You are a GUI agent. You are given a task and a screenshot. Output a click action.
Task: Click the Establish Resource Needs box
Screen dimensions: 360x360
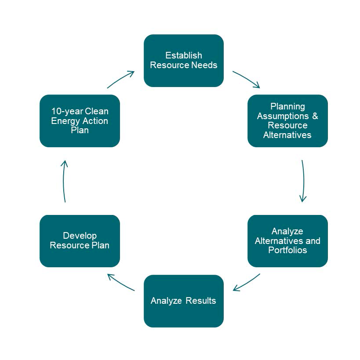[x=183, y=61]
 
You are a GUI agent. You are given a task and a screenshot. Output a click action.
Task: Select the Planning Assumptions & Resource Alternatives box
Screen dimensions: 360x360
[x=287, y=121]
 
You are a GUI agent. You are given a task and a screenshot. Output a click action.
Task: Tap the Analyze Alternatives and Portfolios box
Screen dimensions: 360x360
[x=287, y=241]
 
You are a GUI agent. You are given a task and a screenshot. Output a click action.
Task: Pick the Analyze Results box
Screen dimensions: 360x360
[x=183, y=301]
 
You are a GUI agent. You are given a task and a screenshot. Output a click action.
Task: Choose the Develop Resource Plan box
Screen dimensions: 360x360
[x=80, y=241]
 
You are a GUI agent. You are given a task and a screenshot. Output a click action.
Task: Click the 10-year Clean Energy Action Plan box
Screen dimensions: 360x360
[x=80, y=121]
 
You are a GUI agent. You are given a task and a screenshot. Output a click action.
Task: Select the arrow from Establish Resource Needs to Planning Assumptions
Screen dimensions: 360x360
[x=246, y=79]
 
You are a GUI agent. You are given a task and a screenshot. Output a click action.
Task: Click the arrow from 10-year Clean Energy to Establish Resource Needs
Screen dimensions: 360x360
[x=120, y=79]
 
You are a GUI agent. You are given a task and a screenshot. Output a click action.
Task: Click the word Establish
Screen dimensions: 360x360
[x=183, y=55]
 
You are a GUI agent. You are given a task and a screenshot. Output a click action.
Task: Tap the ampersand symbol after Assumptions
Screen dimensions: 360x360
[x=315, y=116]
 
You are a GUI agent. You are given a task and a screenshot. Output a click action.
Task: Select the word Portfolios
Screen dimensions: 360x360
[x=287, y=251]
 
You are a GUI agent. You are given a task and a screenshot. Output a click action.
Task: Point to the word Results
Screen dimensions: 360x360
[x=201, y=301]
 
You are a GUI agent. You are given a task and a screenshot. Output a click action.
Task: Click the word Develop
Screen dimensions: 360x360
[x=80, y=236]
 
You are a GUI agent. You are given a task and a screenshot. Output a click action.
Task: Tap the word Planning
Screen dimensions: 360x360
[x=287, y=106]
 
